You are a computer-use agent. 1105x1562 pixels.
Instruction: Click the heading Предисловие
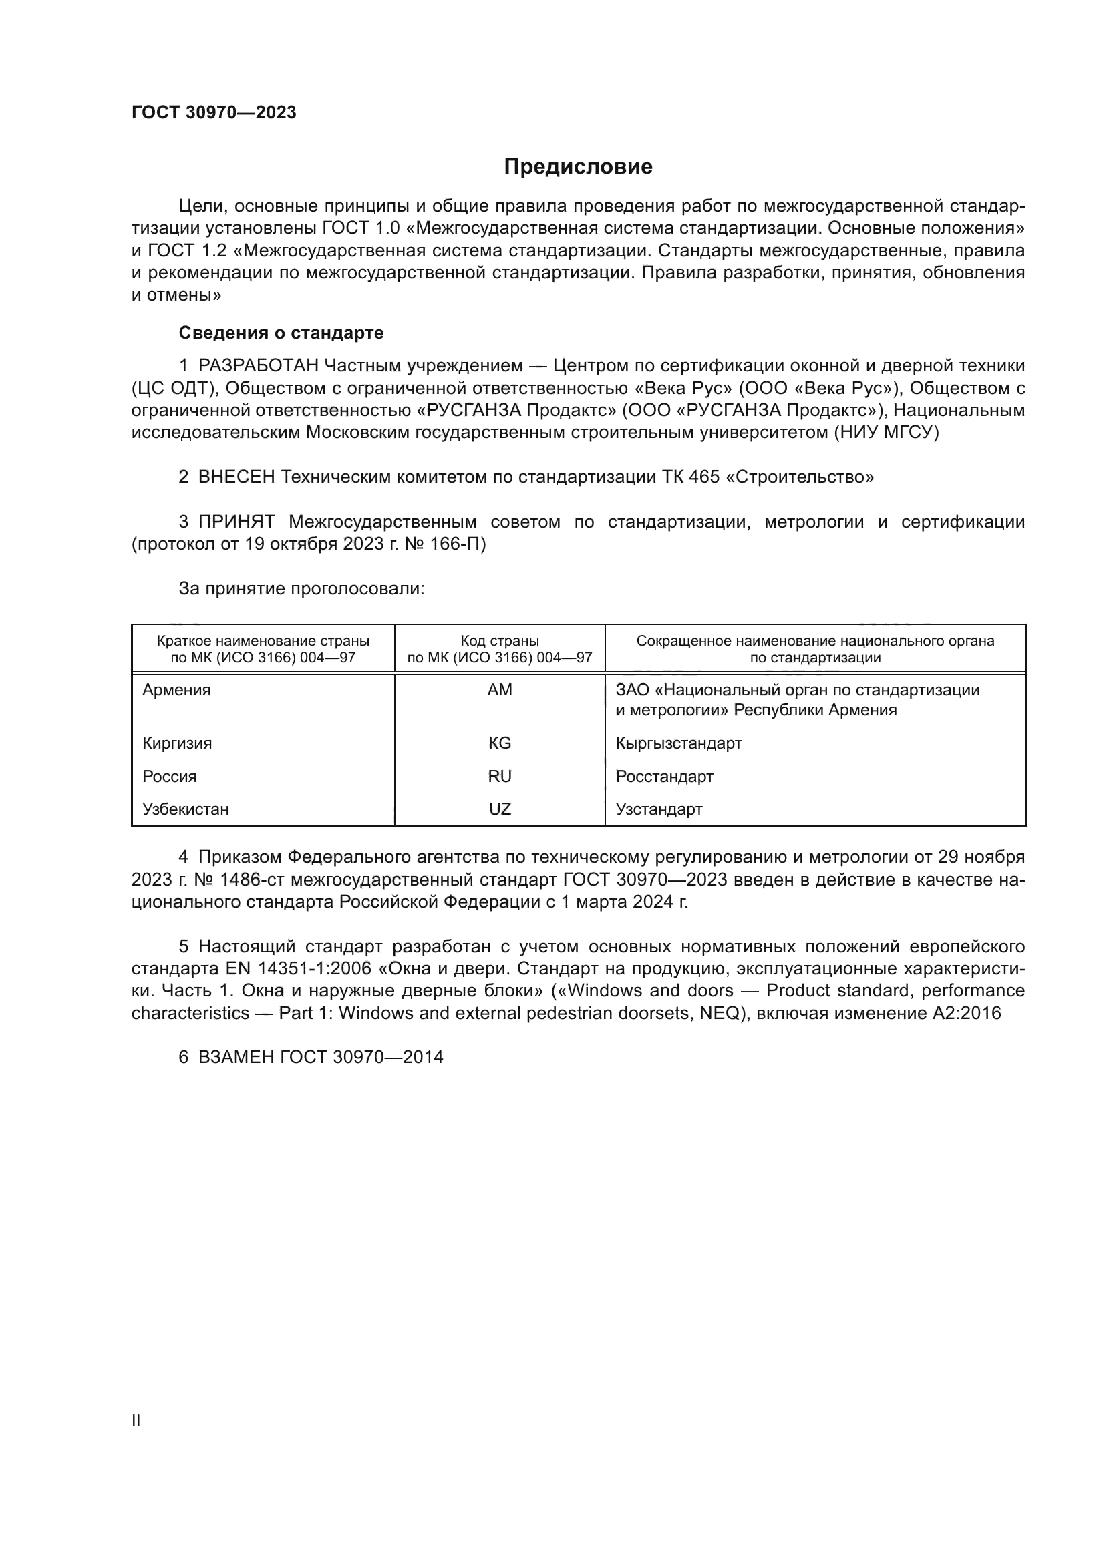[x=578, y=167]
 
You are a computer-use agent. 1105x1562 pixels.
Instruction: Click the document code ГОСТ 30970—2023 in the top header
[x=214, y=113]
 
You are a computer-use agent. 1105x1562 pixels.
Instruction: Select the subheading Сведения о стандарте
[x=281, y=333]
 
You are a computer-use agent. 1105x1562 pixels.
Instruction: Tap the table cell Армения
[x=176, y=690]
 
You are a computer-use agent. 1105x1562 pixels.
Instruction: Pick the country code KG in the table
[x=500, y=743]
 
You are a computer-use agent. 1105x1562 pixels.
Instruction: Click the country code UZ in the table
[x=500, y=809]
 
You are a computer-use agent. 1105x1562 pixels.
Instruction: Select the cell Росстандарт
[x=664, y=776]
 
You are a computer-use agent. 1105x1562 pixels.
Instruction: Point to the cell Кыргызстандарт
[x=678, y=743]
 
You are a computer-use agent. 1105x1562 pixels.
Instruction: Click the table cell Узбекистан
[x=185, y=809]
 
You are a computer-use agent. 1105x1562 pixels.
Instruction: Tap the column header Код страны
[x=500, y=641]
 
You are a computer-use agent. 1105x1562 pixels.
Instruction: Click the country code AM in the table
[x=500, y=690]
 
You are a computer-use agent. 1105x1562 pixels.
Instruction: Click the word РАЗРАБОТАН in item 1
[x=259, y=366]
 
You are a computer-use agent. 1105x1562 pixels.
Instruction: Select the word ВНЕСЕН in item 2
[x=236, y=477]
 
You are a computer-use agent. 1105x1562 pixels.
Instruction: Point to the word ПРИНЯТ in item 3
[x=236, y=522]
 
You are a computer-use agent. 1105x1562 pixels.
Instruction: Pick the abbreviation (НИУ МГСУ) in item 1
[x=886, y=433]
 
